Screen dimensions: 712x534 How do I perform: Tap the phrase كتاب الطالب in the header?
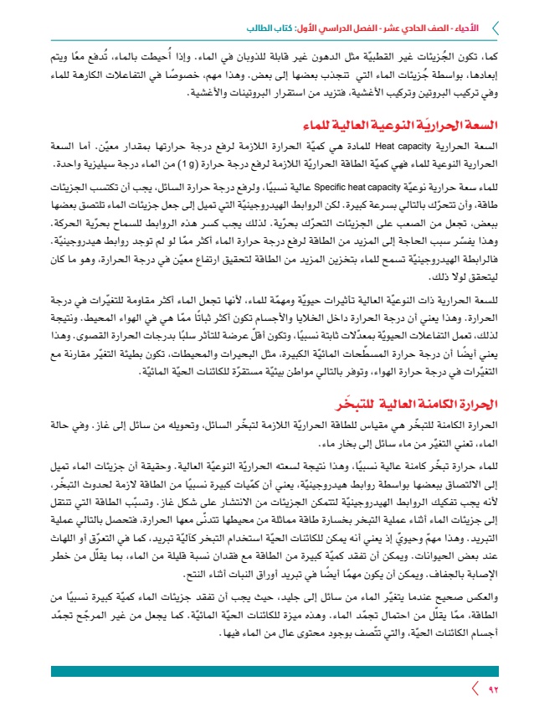275,28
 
